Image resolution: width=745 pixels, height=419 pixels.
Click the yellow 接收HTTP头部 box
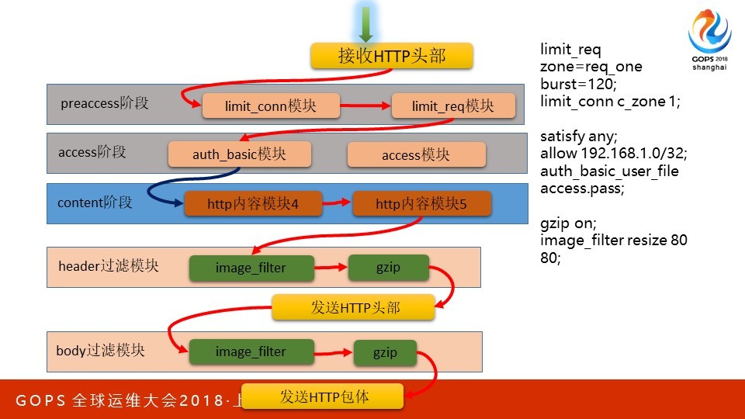392,57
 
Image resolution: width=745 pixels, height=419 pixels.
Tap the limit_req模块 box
453,106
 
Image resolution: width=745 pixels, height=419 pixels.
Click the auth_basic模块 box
240,154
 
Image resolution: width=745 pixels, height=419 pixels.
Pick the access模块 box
416,154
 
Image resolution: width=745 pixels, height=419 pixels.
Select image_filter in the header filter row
251,268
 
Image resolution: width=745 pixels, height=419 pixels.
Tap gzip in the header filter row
388,267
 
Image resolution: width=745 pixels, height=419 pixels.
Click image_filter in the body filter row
251,351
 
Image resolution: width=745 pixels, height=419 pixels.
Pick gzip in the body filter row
385,352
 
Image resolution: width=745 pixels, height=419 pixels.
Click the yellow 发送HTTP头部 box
353,307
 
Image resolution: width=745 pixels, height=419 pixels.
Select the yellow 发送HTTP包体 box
323,396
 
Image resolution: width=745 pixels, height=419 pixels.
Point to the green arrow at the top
366,24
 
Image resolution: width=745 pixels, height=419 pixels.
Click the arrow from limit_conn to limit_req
366,106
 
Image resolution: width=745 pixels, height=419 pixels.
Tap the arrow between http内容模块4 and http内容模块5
337,204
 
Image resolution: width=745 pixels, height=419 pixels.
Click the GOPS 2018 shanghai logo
709,40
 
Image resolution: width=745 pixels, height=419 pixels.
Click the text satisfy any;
578,136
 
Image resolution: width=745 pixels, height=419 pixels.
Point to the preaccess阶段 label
104,103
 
